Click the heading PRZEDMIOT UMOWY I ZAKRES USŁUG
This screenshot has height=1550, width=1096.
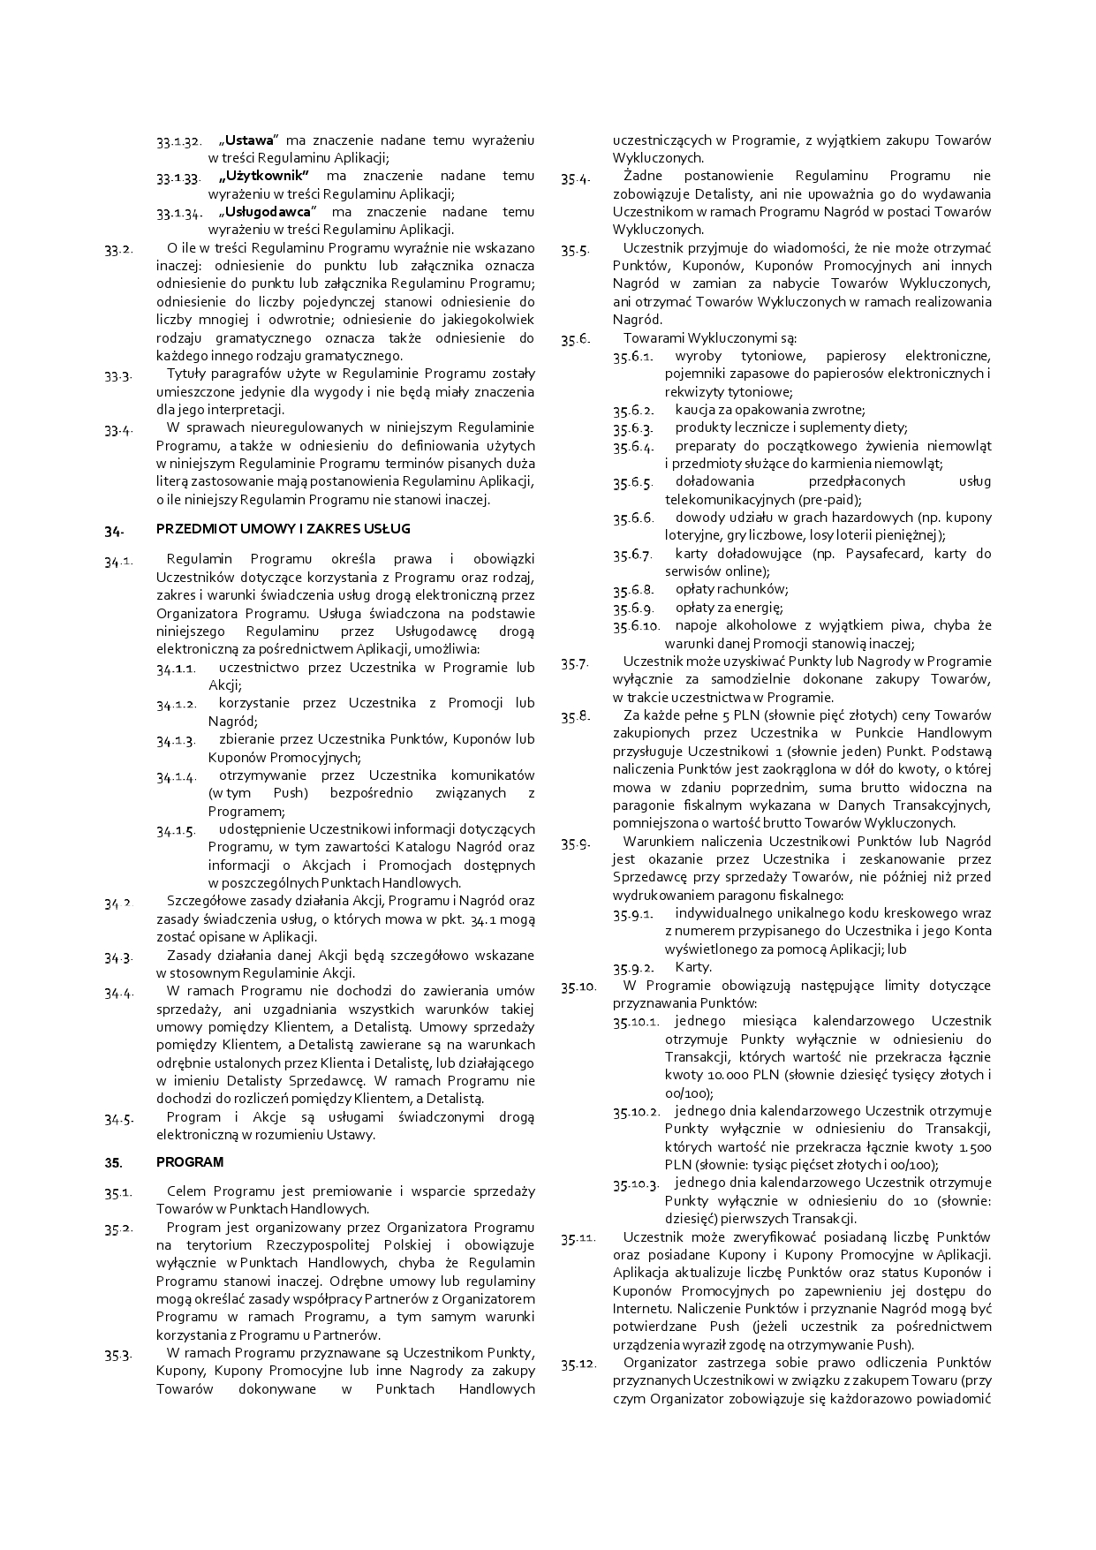[283, 529]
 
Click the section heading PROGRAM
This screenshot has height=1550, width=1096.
[190, 1162]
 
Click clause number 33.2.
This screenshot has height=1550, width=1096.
[118, 249]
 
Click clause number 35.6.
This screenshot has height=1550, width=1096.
[575, 338]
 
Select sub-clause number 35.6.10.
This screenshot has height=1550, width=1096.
[637, 626]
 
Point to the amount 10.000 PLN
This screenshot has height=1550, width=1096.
[708, 1076]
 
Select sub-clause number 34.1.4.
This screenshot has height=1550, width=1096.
[177, 777]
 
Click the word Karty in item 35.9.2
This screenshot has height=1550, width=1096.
[692, 967]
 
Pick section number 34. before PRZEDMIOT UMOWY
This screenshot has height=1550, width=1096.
[113, 531]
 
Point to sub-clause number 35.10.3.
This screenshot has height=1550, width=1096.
[637, 1184]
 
